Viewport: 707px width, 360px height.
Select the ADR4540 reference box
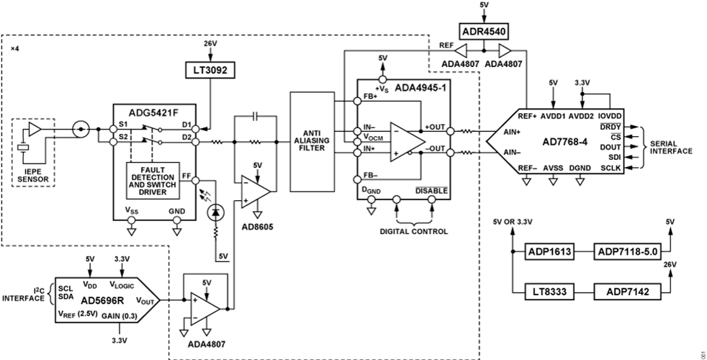[484, 32]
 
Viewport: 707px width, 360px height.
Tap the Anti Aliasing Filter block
[312, 141]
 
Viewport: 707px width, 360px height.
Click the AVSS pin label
[552, 168]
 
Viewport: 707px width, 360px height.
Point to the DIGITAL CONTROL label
[414, 232]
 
